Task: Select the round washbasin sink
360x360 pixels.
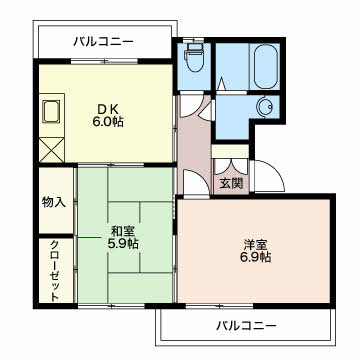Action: click(x=267, y=107)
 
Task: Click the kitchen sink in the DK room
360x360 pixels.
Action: click(x=51, y=110)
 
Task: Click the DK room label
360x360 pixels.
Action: click(x=108, y=108)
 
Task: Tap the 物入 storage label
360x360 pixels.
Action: click(x=53, y=202)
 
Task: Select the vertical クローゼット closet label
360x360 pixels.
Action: click(x=53, y=269)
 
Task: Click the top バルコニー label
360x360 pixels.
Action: click(x=104, y=41)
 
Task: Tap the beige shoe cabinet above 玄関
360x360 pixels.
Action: click(x=231, y=152)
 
